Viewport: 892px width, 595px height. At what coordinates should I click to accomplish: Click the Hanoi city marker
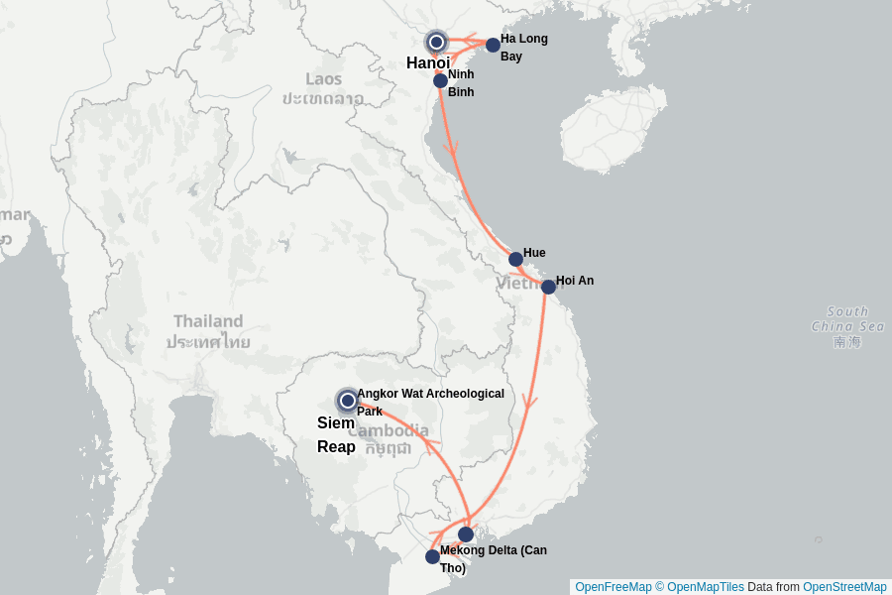click(436, 43)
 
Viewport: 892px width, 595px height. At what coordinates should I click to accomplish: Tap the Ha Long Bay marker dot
click(493, 45)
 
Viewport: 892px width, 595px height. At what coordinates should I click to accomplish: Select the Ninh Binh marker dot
click(440, 80)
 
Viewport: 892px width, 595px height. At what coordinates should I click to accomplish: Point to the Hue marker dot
click(515, 259)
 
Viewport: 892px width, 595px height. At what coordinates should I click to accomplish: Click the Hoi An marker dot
click(548, 287)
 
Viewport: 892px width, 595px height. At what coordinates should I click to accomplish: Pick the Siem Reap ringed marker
click(347, 401)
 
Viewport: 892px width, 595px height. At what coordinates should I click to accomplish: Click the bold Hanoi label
click(428, 63)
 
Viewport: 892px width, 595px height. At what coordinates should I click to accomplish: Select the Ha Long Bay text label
click(523, 48)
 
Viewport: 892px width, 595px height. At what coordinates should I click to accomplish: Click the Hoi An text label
click(575, 281)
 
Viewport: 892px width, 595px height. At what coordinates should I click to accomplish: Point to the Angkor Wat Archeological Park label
click(430, 402)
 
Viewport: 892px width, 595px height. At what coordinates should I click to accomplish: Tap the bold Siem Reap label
click(336, 434)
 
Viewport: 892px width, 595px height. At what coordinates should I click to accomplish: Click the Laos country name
click(323, 79)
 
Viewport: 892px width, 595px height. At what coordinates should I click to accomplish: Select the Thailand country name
click(208, 321)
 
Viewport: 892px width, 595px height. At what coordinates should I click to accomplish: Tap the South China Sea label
click(847, 318)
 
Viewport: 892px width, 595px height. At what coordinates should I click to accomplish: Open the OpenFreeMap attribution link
click(612, 587)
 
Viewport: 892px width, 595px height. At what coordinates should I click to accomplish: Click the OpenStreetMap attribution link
click(844, 587)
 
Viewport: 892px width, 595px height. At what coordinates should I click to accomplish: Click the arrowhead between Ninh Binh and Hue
click(452, 151)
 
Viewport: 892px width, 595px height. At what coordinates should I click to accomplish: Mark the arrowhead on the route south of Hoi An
click(530, 402)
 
